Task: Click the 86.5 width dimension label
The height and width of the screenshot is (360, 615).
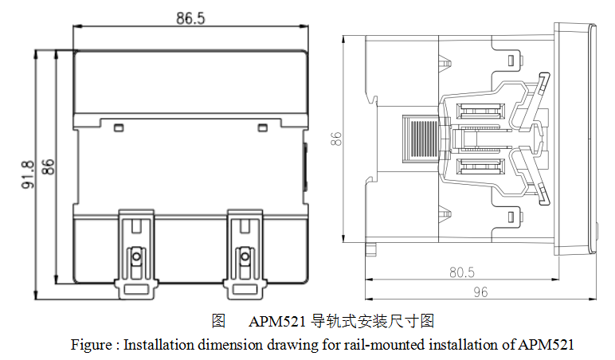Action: coord(190,18)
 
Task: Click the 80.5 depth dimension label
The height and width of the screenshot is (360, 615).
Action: coord(461,272)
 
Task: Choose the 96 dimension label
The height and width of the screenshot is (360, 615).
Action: coord(480,292)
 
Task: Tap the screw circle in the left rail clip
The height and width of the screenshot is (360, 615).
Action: coord(136,256)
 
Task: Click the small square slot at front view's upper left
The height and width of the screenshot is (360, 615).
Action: coord(119,126)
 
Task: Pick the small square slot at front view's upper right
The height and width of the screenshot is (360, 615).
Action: coord(262,126)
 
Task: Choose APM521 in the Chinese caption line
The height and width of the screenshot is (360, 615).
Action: coord(277,322)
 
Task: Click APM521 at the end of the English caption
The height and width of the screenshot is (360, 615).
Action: coord(546,345)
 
